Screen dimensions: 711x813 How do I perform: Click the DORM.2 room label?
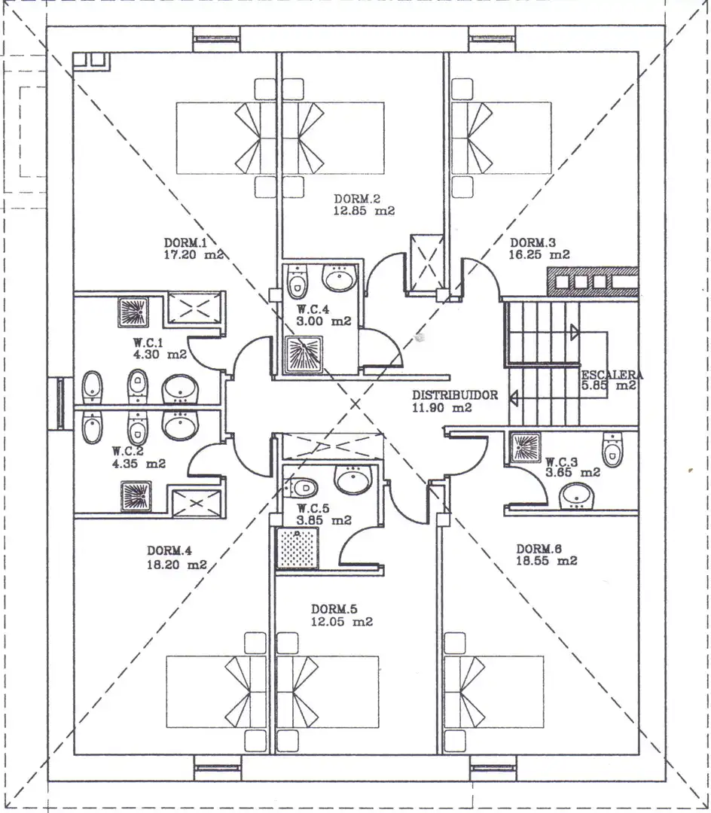[357, 199]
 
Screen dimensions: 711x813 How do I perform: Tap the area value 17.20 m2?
[194, 255]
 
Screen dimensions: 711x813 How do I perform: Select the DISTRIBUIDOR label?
[455, 395]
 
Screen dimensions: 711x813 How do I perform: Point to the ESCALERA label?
[612, 375]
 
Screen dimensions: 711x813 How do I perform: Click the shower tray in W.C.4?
[304, 355]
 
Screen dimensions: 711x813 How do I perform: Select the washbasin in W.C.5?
[354, 480]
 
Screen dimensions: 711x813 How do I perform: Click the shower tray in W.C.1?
[133, 312]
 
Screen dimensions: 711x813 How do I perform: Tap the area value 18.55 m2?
[547, 561]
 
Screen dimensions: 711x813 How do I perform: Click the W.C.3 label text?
[562, 461]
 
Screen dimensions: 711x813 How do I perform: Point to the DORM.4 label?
[169, 551]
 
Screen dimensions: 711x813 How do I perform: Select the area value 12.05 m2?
[342, 622]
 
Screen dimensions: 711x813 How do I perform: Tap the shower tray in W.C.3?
[525, 447]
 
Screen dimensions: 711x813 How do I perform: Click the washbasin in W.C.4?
[340, 277]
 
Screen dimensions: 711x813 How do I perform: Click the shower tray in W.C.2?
[136, 496]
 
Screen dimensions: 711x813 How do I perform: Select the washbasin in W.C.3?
[577, 496]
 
